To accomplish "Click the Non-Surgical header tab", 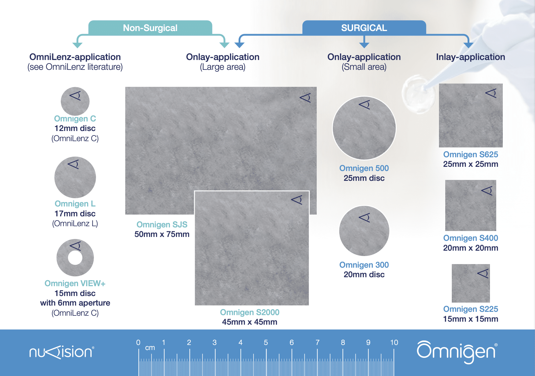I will tap(150, 28).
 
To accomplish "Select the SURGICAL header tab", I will tap(364, 28).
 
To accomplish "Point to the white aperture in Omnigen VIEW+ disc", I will tap(75, 258).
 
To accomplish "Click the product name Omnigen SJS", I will tap(162, 224).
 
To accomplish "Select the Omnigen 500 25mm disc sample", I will tap(364, 128).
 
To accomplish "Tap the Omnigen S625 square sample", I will tap(471, 116).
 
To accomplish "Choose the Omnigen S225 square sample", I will tap(471, 283).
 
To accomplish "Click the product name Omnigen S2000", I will tap(250, 312).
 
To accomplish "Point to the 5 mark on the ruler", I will tap(266, 343).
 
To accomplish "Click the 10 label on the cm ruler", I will tap(394, 343).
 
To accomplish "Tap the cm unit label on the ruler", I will tap(150, 348).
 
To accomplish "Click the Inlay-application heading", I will tap(470, 57).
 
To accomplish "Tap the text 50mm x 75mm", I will tap(162, 234).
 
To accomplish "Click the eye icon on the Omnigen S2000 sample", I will tap(297, 200).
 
